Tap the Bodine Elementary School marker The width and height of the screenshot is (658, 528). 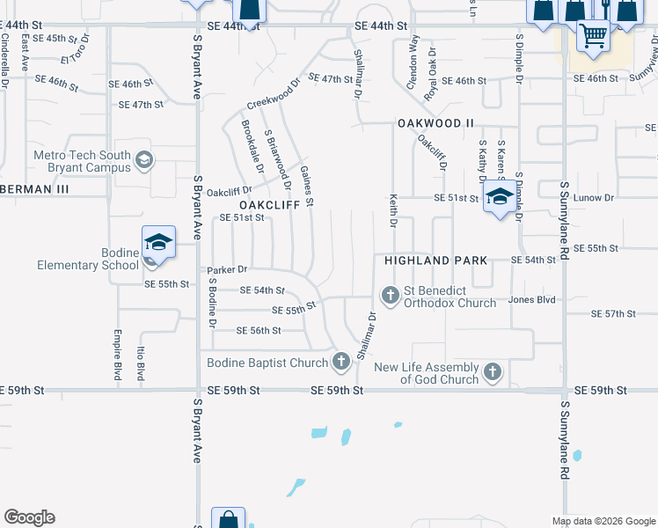coord(158,243)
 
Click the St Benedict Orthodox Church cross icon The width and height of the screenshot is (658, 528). coord(389,294)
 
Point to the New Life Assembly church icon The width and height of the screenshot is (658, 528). coord(493,372)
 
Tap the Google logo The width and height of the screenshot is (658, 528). coord(29,517)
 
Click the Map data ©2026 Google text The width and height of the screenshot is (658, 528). coord(603,520)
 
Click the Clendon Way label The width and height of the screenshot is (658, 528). coord(411,58)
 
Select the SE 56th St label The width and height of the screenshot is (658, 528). coord(259,330)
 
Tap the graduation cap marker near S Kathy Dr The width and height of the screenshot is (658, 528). coord(499,197)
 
